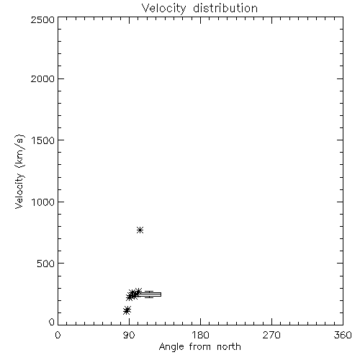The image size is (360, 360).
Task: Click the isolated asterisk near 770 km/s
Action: pos(140,230)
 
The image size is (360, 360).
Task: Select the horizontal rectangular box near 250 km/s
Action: pos(149,294)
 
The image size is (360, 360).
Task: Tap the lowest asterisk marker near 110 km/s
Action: pos(126,311)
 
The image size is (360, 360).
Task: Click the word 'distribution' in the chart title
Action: pos(225,8)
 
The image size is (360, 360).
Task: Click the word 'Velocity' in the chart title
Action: pos(163,9)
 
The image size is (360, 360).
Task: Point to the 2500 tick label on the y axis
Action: pos(42,19)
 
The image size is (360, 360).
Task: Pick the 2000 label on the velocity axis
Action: pos(42,78)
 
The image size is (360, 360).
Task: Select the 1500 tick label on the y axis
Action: pos(43,140)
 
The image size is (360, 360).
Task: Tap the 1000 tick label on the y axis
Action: pos(43,202)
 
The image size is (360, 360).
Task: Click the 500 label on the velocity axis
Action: pos(46,264)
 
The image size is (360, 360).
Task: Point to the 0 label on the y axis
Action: pos(52,322)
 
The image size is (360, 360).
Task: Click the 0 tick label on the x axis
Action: pos(58,335)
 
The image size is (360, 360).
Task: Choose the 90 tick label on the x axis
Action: pos(129,335)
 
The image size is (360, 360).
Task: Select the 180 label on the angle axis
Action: pos(200,335)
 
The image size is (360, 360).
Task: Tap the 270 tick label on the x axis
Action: pos(271,335)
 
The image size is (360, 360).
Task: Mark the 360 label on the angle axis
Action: pos(343,335)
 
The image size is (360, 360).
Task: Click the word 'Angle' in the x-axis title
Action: pos(171,347)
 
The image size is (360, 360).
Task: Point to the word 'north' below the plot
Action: pos(229,346)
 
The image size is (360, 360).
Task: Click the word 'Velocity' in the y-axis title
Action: pos(19,191)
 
